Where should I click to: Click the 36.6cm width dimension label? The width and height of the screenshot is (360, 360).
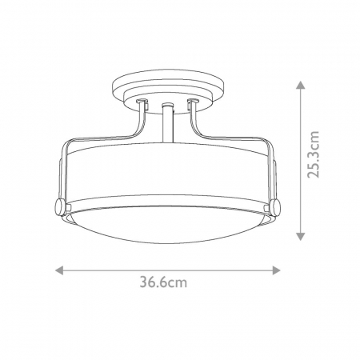pyautogui.click(x=163, y=282)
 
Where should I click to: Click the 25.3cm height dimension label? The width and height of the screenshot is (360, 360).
pyautogui.click(x=313, y=154)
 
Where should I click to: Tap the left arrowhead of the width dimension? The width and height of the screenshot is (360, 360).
pyautogui.click(x=59, y=270)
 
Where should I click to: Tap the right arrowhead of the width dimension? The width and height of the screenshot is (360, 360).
pyautogui.click(x=276, y=270)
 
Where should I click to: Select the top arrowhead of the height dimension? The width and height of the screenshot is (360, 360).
pyautogui.click(x=301, y=85)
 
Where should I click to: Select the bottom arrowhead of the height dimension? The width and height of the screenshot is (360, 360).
pyautogui.click(x=301, y=236)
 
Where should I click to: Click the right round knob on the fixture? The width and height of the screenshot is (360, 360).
pyautogui.click(x=275, y=207)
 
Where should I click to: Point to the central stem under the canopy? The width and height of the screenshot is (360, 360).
pyautogui.click(x=167, y=123)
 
